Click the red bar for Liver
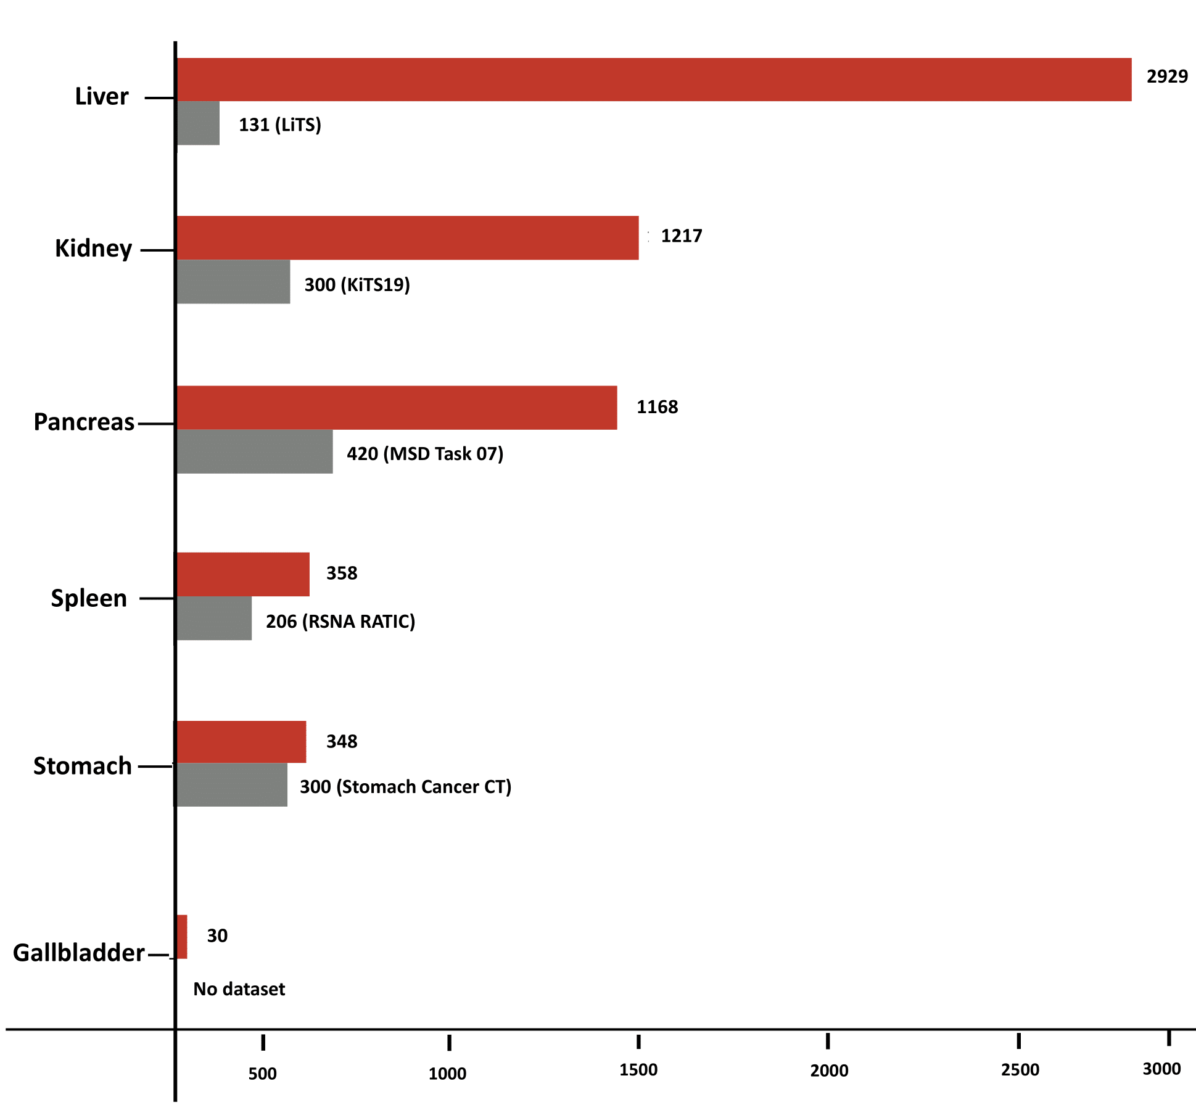(654, 80)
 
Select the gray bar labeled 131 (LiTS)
(198, 123)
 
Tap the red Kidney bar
(407, 237)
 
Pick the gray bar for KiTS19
(233, 282)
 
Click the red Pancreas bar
(397, 408)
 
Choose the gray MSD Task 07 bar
(255, 451)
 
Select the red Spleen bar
(243, 574)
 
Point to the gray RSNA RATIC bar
(214, 618)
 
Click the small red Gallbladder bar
(181, 936)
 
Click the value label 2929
(1167, 76)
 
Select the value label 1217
(681, 236)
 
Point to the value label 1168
(657, 407)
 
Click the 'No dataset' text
(239, 989)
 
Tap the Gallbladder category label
(78, 953)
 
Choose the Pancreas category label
(83, 422)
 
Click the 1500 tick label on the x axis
(638, 1070)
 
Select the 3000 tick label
(1161, 1069)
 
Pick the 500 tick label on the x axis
(262, 1074)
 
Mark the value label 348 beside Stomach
(342, 741)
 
